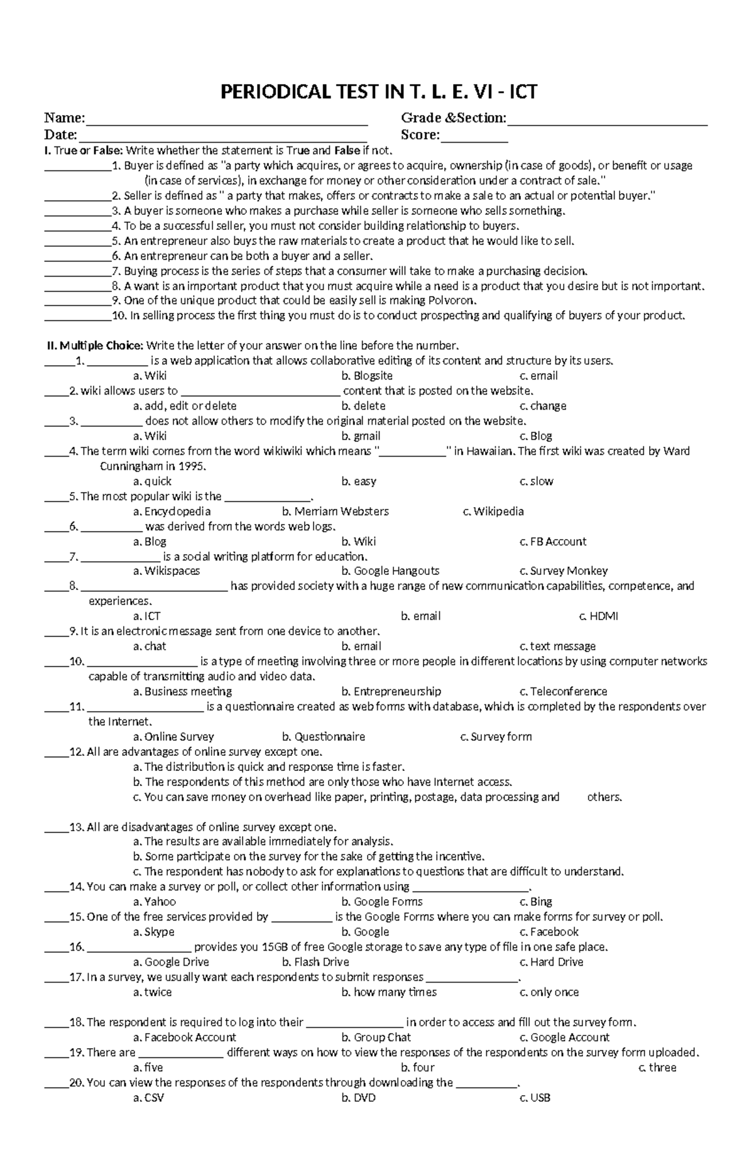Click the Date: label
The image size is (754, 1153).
point(60,135)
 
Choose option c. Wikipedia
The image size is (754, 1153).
point(493,511)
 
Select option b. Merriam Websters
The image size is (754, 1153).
point(336,511)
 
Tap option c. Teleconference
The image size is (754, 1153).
point(563,692)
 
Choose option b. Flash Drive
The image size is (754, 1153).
point(315,962)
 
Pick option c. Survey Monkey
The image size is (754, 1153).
point(564,571)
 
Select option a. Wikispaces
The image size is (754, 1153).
point(167,571)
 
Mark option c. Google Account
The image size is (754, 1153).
point(564,1037)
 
